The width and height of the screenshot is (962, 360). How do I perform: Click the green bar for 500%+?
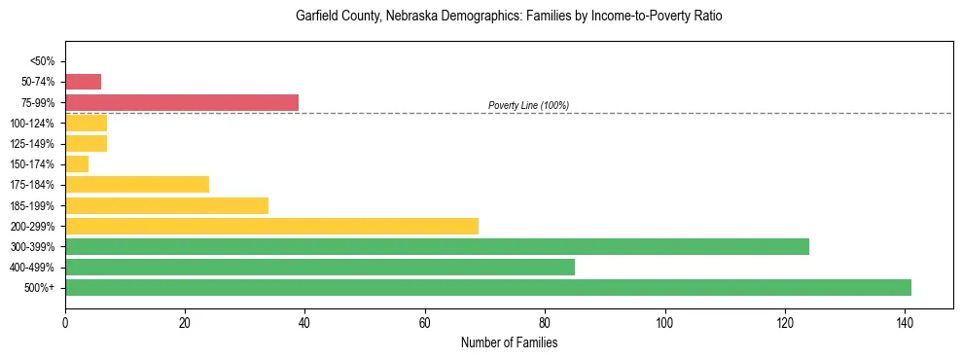point(488,287)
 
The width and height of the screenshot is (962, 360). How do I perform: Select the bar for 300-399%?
point(437,246)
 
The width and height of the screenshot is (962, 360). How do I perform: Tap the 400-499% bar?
point(320,267)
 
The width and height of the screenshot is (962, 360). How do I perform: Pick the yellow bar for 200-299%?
point(271,226)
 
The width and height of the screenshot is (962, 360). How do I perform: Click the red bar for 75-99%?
point(182,102)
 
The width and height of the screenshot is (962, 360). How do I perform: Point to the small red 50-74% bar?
point(83,82)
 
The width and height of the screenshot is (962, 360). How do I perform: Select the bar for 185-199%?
point(166,205)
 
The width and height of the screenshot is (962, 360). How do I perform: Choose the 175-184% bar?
point(137,185)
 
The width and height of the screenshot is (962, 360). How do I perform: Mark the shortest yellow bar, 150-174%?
point(77,164)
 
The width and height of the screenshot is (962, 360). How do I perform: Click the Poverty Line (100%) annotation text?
point(528,105)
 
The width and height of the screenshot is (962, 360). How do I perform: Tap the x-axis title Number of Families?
point(509,342)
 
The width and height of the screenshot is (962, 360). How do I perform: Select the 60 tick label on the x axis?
point(425,321)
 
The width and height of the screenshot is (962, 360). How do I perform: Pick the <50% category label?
point(42,61)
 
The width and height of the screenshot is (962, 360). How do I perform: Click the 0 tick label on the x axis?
point(65,321)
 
